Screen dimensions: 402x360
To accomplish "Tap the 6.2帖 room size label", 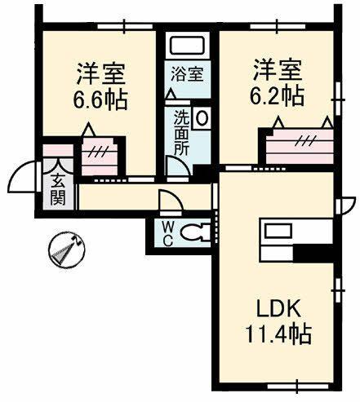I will pyautogui.click(x=277, y=95).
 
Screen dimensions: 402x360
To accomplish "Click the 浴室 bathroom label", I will pyautogui.click(x=187, y=73).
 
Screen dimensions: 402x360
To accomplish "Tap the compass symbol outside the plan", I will pyautogui.click(x=64, y=250).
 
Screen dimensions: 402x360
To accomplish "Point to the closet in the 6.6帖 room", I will pyautogui.click(x=100, y=152).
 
